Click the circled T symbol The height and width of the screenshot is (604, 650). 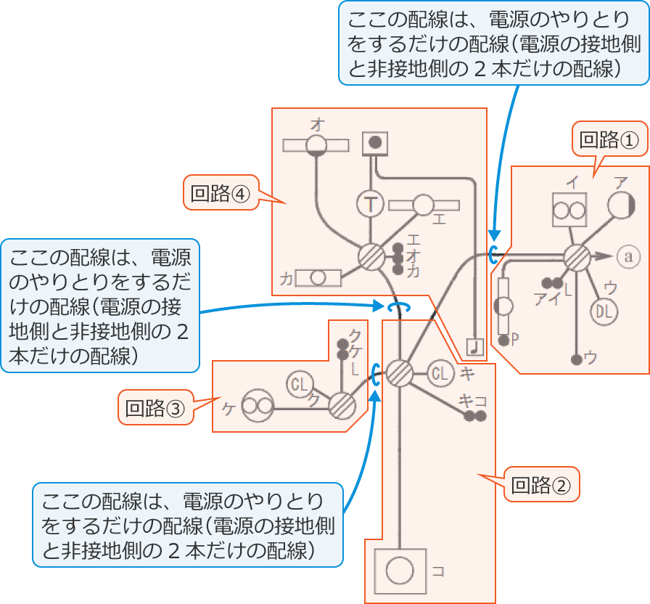pos(371,205)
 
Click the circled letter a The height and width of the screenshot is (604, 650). pos(629,256)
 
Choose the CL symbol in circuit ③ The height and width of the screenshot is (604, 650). pos(298,383)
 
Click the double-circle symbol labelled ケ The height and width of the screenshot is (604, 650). pos(255,407)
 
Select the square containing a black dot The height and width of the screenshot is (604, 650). pos(375,142)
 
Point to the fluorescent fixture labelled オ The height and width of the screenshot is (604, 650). pos(316,145)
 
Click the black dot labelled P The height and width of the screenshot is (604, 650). pos(503,340)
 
